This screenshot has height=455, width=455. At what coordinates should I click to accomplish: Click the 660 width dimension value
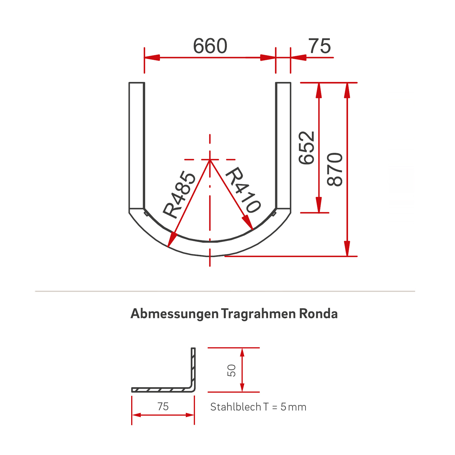pyautogui.click(x=210, y=46)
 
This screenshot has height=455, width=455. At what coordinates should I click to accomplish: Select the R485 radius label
pyautogui.click(x=180, y=195)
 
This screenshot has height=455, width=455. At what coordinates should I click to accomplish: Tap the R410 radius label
pyautogui.click(x=243, y=190)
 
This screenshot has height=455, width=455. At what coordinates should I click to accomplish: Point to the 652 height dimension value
pyautogui.click(x=307, y=147)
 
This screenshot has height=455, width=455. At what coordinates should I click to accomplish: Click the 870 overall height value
pyautogui.click(x=335, y=169)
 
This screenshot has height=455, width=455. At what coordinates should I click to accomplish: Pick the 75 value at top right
pyautogui.click(x=320, y=46)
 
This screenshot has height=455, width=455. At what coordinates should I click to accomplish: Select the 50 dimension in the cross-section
pyautogui.click(x=231, y=370)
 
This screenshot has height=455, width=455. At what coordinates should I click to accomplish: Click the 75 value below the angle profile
pyautogui.click(x=163, y=406)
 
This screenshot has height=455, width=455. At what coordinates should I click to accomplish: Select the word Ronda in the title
pyautogui.click(x=318, y=314)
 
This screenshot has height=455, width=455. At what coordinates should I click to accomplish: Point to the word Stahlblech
pyautogui.click(x=235, y=407)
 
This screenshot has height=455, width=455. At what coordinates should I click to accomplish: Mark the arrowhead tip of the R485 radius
pyautogui.click(x=168, y=247)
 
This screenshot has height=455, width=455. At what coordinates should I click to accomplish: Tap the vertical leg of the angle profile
pyautogui.click(x=193, y=368)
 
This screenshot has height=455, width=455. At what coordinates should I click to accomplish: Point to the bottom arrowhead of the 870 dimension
pyautogui.click(x=347, y=255)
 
